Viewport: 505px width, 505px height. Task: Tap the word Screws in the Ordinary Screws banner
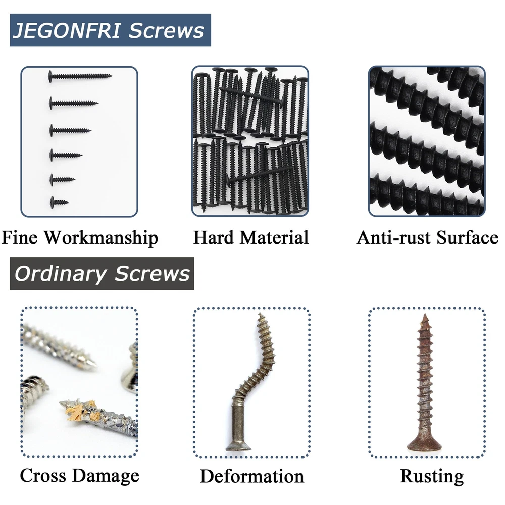coord(153,274)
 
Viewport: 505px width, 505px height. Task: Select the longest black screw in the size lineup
coord(80,76)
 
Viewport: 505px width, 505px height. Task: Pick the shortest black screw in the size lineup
coord(59,203)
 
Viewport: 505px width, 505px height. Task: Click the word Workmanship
coord(101,238)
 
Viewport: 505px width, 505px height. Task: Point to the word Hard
coord(214,238)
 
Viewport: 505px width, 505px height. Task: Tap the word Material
coord(274,238)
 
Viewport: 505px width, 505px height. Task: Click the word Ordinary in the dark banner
coord(61,274)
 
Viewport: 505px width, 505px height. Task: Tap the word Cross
coord(43,475)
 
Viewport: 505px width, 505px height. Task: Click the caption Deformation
coord(252,476)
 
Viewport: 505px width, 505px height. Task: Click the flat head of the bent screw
coord(238,446)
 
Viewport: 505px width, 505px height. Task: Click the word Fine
coord(20,238)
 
